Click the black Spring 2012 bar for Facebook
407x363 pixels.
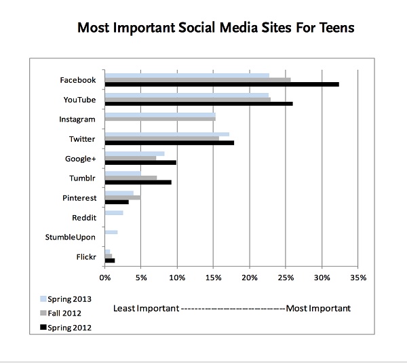pyautogui.click(x=222, y=84)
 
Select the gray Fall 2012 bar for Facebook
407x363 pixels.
pyautogui.click(x=197, y=79)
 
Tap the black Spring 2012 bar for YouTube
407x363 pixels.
pyautogui.click(x=199, y=104)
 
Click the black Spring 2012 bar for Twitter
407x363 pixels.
pyautogui.click(x=170, y=142)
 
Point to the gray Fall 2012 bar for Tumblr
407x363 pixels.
pyautogui.click(x=131, y=177)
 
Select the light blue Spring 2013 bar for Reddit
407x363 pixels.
pyautogui.click(x=114, y=212)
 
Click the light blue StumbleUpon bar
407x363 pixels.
pyautogui.click(x=111, y=232)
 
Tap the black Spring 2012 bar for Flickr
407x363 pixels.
pyautogui.click(x=110, y=261)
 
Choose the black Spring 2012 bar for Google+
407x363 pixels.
pyautogui.click(x=140, y=162)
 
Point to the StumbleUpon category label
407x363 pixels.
pyautogui.click(x=71, y=237)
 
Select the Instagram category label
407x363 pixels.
pyautogui.click(x=77, y=119)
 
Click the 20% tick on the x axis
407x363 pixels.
pyautogui.click(x=250, y=277)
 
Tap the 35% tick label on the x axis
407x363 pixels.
pyautogui.click(x=358, y=277)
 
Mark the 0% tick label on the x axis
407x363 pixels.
pyautogui.click(x=105, y=277)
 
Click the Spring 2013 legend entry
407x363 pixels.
pyautogui.click(x=66, y=299)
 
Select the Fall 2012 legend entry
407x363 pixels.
pyautogui.click(x=64, y=313)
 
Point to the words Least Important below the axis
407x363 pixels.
pyautogui.click(x=145, y=309)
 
